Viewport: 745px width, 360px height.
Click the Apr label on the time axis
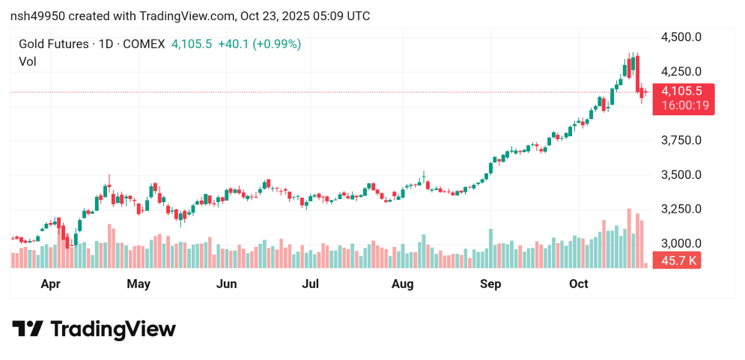coord(50,284)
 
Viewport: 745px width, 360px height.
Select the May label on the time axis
coord(139,284)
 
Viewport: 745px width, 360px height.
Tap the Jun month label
coord(226,284)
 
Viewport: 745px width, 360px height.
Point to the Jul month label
coord(311,284)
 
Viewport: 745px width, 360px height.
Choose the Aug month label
coord(403,284)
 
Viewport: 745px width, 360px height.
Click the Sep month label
coord(490,284)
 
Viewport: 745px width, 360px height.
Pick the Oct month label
coord(578,284)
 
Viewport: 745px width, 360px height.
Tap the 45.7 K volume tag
coord(676,261)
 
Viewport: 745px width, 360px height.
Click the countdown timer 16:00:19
coord(682,106)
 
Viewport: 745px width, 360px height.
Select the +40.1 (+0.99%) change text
coord(259,44)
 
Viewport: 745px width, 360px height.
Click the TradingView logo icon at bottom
coord(28,329)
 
